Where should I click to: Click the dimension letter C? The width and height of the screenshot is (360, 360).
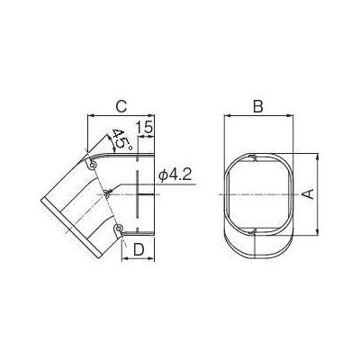tap(121, 106)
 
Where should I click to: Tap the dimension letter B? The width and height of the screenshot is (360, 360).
tap(258, 106)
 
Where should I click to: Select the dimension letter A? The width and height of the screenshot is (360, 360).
tap(308, 194)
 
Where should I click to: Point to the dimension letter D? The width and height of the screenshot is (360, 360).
tap(139, 249)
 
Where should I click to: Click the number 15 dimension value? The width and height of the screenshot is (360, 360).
tap(144, 127)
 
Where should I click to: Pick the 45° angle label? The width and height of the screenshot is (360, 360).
tap(121, 139)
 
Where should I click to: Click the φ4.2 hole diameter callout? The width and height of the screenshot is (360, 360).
tap(175, 175)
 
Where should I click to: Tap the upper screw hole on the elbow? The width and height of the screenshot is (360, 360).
tap(93, 165)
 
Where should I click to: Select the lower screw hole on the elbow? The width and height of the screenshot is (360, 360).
tap(119, 229)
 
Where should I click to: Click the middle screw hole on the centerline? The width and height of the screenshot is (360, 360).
tap(107, 193)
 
